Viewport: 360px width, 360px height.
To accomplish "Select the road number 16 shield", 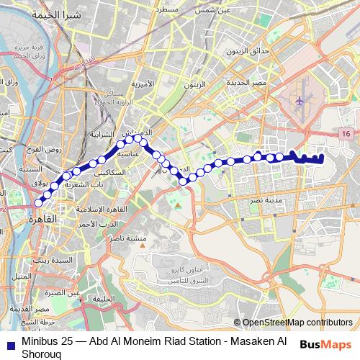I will (347, 135).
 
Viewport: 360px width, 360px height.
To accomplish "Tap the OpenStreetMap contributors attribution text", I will (297, 322).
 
